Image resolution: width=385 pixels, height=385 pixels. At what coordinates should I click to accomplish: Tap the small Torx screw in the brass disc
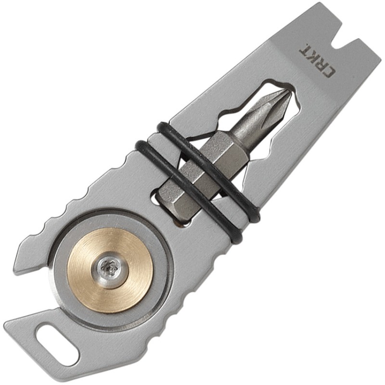110,267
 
